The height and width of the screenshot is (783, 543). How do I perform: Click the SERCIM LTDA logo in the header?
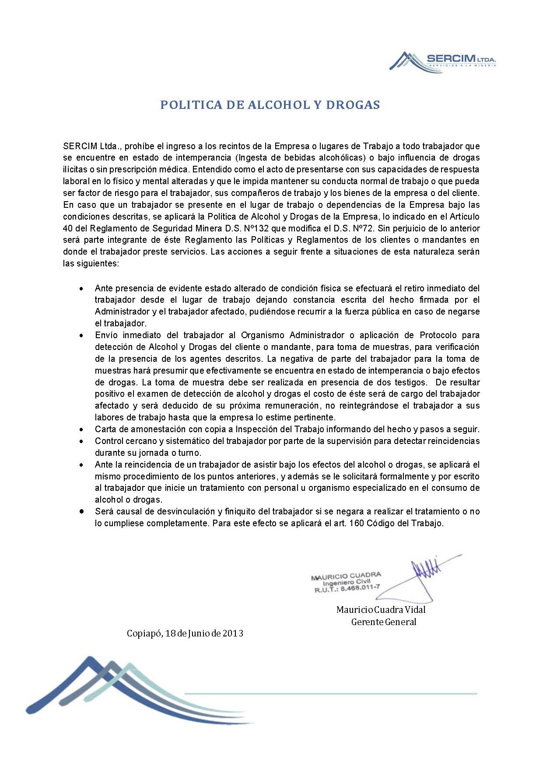444,60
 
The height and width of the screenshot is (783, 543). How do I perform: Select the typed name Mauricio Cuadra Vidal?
381,610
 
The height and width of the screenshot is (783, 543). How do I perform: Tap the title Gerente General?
383,622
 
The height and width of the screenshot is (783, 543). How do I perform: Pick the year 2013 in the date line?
233,633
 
